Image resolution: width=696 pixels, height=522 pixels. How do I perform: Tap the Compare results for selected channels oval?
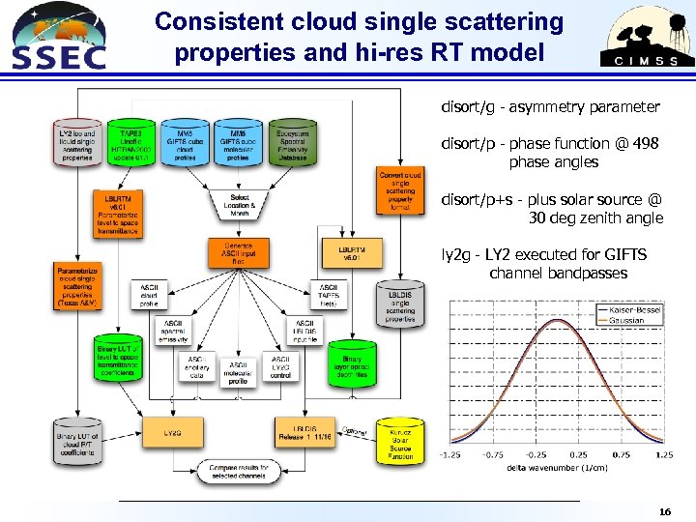click(x=238, y=470)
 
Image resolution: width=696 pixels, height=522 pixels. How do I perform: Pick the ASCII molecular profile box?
click(x=238, y=370)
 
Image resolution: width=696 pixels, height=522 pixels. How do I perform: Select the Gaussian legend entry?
click(x=626, y=321)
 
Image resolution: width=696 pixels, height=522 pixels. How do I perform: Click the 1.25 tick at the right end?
click(x=663, y=455)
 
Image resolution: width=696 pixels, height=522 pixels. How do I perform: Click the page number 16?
click(x=663, y=510)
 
